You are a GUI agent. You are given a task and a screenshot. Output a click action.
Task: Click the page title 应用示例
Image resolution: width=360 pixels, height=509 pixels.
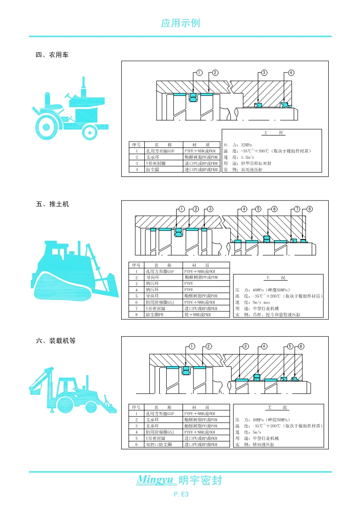click(x=180, y=23)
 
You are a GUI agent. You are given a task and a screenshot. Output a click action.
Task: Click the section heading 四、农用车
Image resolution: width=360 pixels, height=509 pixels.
click(x=52, y=55)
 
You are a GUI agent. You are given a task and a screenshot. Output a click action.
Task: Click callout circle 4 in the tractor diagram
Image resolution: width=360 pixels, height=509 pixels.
click(x=291, y=73)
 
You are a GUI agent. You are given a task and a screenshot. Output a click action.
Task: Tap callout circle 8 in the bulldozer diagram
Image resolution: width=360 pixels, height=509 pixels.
click(x=310, y=209)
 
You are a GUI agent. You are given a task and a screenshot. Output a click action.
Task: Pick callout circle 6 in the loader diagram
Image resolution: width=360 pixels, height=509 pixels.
click(x=301, y=346)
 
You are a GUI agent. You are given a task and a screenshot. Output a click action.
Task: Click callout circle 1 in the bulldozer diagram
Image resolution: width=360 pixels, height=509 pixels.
click(x=182, y=209)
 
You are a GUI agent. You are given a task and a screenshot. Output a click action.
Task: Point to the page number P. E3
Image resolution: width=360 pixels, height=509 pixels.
click(x=181, y=494)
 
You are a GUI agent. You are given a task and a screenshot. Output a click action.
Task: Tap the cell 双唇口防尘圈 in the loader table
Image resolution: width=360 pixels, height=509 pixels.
click(x=159, y=445)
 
